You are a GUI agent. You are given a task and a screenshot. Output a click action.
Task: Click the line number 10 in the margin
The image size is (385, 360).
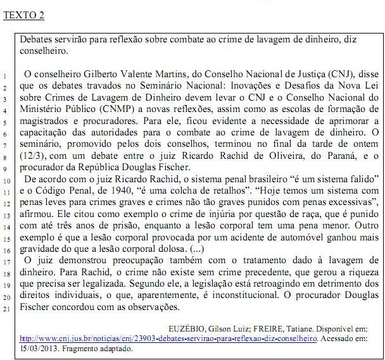4,180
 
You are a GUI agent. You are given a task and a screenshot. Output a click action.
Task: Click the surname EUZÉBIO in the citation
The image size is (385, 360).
188,328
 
